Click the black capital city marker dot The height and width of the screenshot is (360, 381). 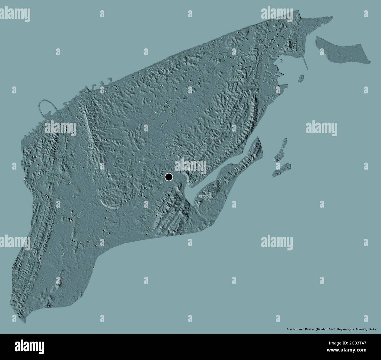click(169, 177)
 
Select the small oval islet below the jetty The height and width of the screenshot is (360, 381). click(301, 79)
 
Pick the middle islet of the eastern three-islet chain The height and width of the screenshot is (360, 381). click(280, 155)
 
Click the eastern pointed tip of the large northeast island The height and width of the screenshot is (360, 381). click(370, 62)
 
